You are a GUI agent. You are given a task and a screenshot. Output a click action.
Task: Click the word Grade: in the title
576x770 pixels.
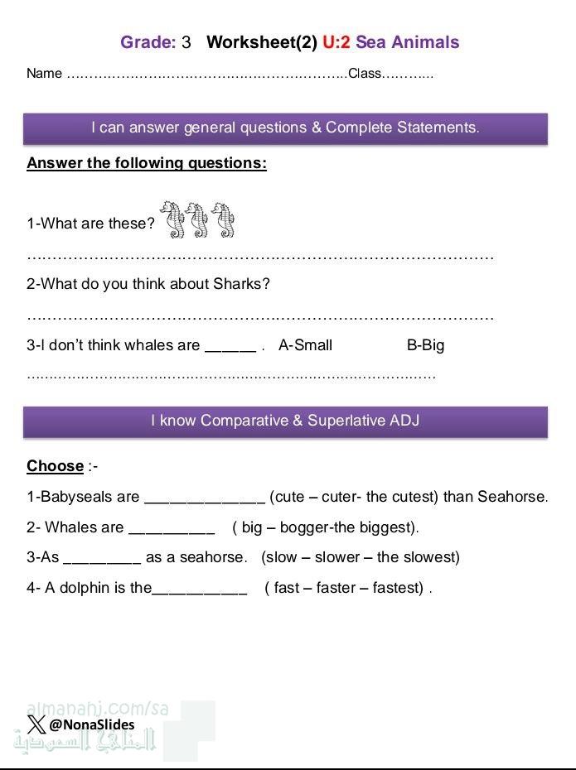148,42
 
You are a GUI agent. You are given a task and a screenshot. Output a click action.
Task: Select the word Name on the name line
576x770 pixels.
44,74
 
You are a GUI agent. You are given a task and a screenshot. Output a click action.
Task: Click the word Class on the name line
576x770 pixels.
364,74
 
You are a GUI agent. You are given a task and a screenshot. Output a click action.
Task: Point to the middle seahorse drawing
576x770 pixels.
198,219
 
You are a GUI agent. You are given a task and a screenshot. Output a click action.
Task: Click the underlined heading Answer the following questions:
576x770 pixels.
147,163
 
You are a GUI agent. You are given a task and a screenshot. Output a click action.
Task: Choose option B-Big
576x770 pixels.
425,345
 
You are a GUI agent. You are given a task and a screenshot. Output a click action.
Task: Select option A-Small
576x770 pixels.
305,345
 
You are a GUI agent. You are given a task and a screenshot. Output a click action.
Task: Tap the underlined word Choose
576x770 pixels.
55,466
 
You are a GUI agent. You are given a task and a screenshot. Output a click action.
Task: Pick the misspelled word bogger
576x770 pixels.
300,527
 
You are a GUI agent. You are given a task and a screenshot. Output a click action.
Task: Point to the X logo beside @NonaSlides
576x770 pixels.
36,724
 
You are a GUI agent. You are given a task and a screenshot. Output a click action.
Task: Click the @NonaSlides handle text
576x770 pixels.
91,724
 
